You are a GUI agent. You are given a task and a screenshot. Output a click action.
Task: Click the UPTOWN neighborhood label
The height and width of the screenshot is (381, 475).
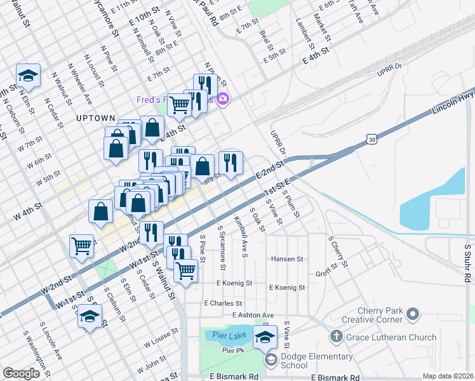tap(95, 118)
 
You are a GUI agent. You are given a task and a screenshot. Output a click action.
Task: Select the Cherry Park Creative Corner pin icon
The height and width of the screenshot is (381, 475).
tap(414, 314)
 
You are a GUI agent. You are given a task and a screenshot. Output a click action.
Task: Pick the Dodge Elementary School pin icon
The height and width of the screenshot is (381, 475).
tap(271, 361)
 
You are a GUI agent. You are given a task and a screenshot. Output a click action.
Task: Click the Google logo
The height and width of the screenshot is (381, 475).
tap(21, 373)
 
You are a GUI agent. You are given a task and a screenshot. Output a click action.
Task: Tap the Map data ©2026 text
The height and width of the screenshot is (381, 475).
tap(447, 376)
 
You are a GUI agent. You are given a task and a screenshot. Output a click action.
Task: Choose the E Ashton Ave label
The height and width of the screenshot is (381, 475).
tap(253, 315)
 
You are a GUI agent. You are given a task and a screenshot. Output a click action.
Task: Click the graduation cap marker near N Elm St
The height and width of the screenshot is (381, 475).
tap(28, 76)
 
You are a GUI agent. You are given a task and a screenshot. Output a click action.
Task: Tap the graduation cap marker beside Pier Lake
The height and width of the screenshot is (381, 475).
tap(265, 337)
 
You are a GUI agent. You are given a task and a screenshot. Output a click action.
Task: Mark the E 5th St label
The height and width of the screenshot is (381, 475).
tap(276, 59)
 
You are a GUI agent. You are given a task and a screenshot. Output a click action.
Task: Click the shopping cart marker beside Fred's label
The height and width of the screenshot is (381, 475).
tap(180, 105)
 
